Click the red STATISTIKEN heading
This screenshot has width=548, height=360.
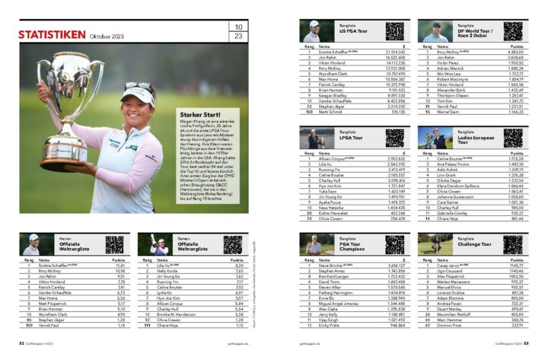[x=51, y=35]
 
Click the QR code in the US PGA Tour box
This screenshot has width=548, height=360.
[x=393, y=31]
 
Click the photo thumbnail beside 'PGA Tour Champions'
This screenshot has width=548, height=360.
[x=313, y=245]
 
